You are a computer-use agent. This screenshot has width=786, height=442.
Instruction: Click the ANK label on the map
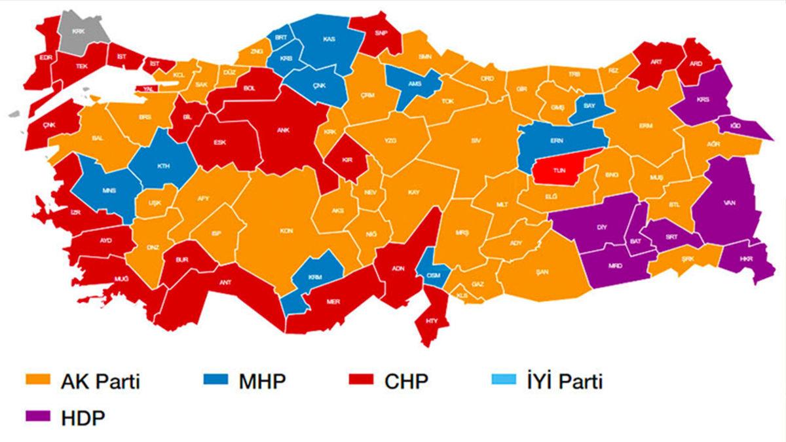pos(285,130)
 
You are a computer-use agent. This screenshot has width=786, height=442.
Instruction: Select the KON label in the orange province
pos(286,230)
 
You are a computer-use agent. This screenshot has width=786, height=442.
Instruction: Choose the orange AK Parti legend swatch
pos(38,380)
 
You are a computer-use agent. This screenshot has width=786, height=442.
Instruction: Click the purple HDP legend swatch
pos(38,416)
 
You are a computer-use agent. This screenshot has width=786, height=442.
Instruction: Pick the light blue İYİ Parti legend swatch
pos(504,380)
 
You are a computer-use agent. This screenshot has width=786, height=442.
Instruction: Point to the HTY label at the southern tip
pos(432,321)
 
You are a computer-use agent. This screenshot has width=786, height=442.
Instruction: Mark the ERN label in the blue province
pos(557,140)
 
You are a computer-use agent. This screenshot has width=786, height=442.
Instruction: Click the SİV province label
pos(476,141)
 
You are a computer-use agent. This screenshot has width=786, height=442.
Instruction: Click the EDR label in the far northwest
pos(45,58)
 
